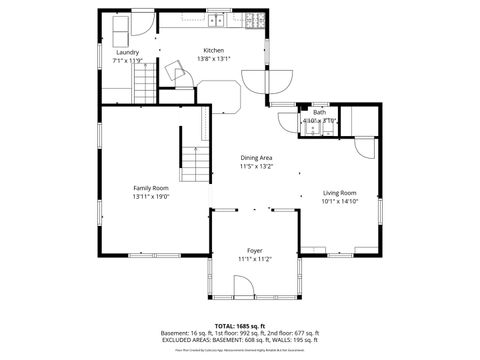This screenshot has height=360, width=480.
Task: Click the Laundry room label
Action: click(126, 52)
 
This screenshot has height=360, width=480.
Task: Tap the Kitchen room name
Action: click(214, 50)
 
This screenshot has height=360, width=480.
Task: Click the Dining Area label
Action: click(256, 158)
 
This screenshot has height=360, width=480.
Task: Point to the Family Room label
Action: click(151, 188)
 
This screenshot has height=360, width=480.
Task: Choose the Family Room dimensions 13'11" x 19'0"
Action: click(151, 197)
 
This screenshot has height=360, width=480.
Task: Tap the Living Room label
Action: click(339, 192)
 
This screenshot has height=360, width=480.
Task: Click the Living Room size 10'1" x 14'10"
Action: click(339, 201)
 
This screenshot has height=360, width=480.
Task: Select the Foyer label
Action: click(255, 250)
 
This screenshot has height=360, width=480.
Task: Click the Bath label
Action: click(319, 112)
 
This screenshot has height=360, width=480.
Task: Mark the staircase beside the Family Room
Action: click(195, 160)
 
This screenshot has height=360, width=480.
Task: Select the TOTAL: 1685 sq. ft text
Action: click(240, 326)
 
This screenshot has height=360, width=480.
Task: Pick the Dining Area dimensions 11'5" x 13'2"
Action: click(256, 167)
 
